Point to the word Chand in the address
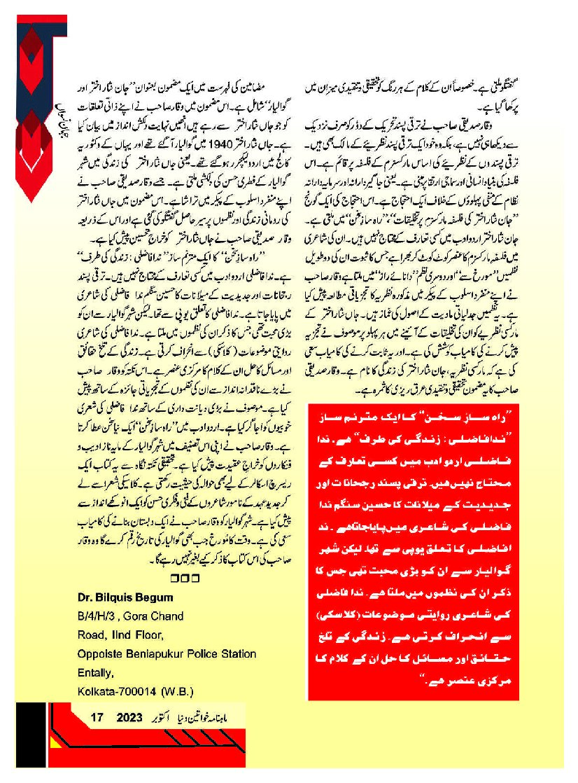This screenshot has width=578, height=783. (x=170, y=616)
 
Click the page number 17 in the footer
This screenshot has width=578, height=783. (x=97, y=718)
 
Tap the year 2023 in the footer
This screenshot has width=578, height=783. (x=129, y=718)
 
